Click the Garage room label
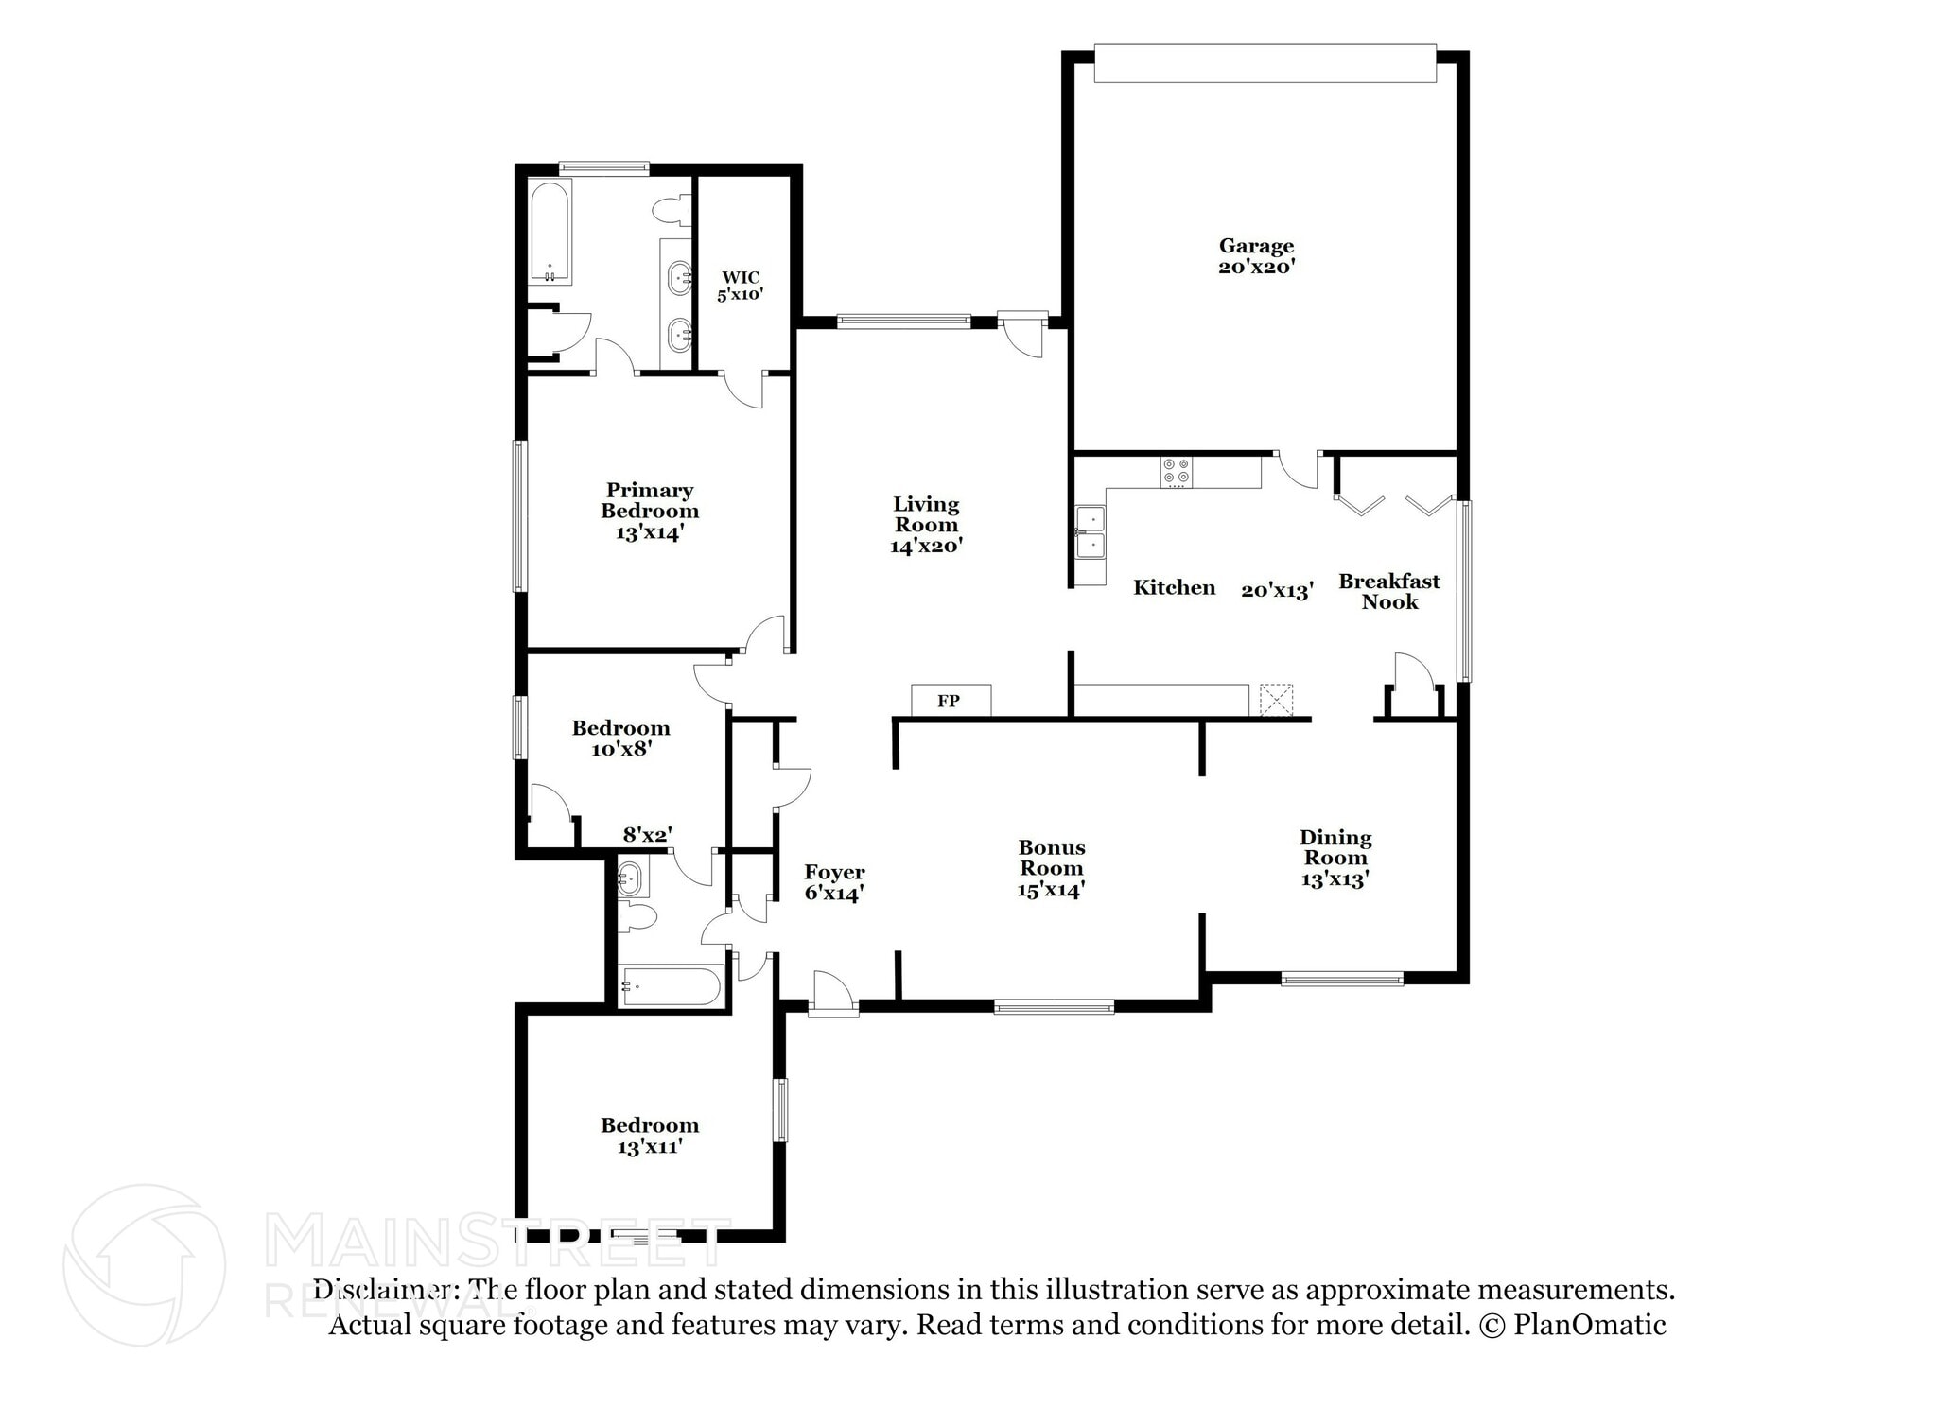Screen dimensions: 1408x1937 [1256, 256]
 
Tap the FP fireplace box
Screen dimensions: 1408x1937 [951, 701]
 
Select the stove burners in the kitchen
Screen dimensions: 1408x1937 [1177, 472]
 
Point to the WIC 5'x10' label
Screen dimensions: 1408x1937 [740, 286]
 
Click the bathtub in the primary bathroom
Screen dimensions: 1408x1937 [550, 233]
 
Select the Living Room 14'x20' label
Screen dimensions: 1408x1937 [926, 525]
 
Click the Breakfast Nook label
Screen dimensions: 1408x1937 [1388, 591]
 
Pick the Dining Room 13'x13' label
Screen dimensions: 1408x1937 [1335, 858]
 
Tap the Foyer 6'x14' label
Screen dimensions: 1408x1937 [833, 882]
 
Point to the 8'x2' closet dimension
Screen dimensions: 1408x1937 [647, 835]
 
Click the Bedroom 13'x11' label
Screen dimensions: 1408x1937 [650, 1136]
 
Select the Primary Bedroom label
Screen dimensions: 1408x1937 [650, 511]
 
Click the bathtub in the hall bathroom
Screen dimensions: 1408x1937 [670, 986]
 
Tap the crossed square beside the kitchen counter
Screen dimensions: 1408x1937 [1276, 701]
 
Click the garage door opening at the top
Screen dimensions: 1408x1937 [1265, 63]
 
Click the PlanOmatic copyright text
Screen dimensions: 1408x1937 [1571, 1325]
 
